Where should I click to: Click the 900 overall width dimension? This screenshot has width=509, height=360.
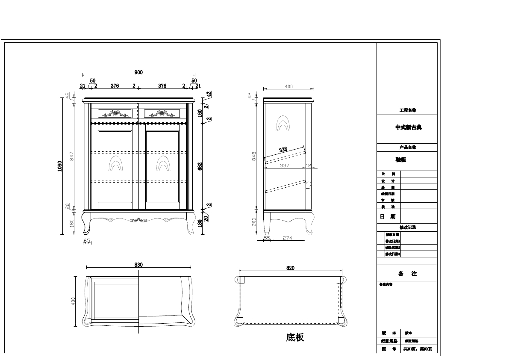coord(138,72)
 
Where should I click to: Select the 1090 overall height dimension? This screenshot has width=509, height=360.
coord(60,166)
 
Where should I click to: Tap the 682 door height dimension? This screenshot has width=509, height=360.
coord(200,166)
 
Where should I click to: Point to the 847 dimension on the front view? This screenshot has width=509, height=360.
coord(72,156)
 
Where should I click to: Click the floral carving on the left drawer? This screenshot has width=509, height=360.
coord(115,113)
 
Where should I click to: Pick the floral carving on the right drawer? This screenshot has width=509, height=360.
coord(162,113)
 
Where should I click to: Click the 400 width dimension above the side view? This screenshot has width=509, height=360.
coord(288,87)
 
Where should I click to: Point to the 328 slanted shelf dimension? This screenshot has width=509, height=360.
coord(283,150)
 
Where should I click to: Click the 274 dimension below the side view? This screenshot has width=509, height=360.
coord(287,239)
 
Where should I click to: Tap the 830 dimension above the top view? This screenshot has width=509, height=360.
coord(138,265)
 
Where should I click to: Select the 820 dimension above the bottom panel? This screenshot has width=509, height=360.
coord(290,268)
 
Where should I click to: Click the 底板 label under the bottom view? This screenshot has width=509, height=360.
coord(295,337)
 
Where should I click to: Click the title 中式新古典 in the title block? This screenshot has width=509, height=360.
coord(408,127)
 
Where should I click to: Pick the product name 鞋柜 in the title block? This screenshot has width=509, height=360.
coord(400,159)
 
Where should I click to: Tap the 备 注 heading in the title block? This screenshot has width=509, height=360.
coord(407,274)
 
